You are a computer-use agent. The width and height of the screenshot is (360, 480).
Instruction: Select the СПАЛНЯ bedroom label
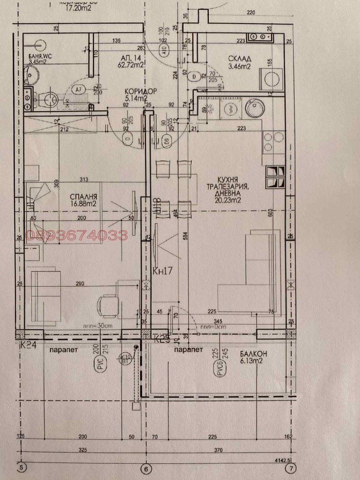(84, 197)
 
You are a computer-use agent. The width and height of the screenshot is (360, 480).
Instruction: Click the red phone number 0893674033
(77, 235)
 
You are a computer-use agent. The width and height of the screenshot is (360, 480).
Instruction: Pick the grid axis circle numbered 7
(292, 468)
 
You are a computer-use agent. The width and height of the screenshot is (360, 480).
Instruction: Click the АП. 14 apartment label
(131, 59)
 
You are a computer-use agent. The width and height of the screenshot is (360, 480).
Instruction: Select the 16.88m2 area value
(84, 204)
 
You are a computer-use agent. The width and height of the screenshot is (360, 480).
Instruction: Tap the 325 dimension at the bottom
(82, 449)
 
